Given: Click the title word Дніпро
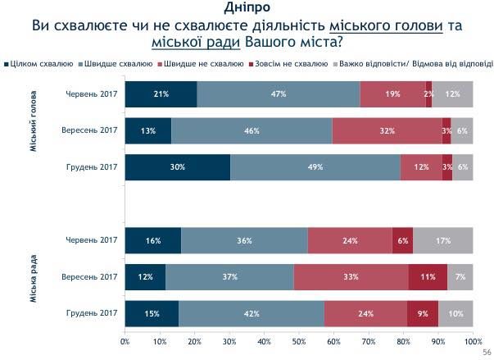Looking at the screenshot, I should pyautogui.click(x=247, y=8).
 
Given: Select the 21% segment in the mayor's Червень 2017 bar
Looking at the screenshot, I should pyautogui.click(x=161, y=94).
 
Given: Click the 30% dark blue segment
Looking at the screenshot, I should pyautogui.click(x=177, y=166).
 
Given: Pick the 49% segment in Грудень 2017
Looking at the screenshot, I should pyautogui.click(x=315, y=166).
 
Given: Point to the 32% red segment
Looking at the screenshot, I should pyautogui.click(x=387, y=130).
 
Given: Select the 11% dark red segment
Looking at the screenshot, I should pyautogui.click(x=428, y=277).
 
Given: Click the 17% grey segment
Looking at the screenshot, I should pyautogui.click(x=443, y=240).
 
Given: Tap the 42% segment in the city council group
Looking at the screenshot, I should pyautogui.click(x=252, y=313).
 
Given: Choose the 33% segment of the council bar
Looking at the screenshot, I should pyautogui.click(x=351, y=277).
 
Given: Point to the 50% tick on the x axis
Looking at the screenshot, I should pyautogui.click(x=299, y=339).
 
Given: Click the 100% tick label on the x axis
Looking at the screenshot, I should pyautogui.click(x=473, y=339).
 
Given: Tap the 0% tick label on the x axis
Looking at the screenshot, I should pyautogui.click(x=125, y=339).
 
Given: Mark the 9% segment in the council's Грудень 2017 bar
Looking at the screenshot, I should pyautogui.click(x=423, y=313).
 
